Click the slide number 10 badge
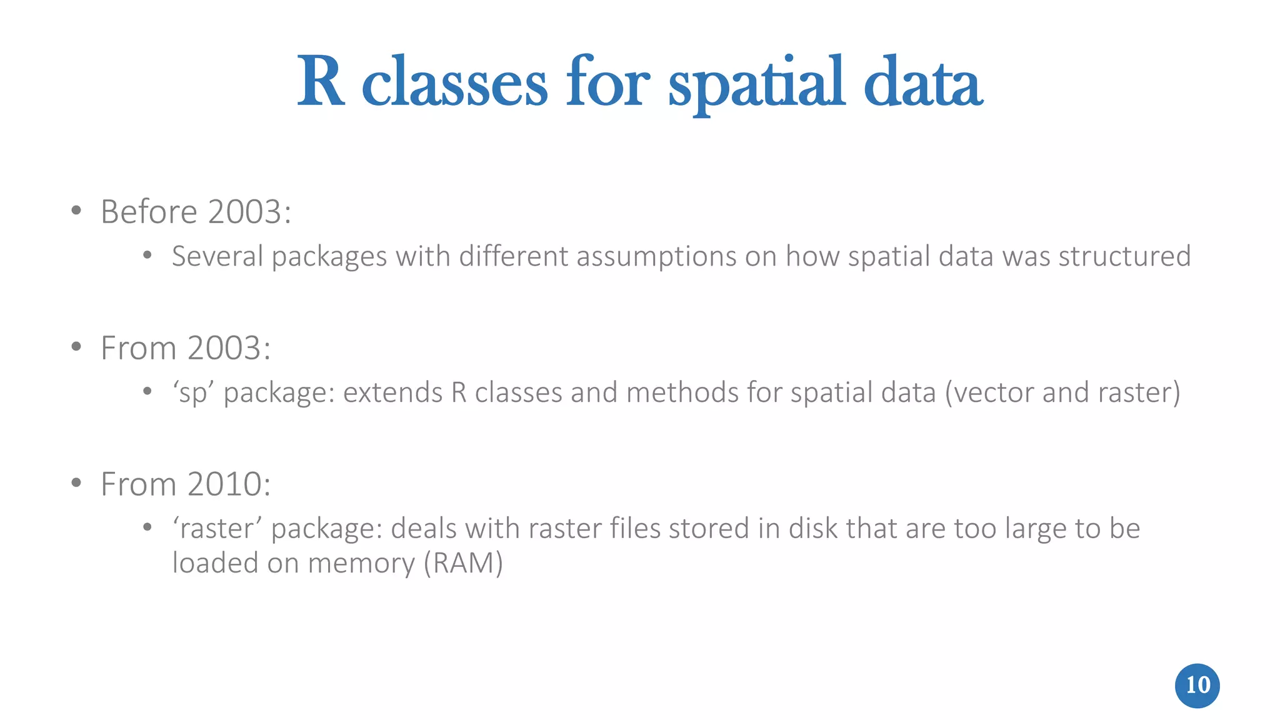[x=1197, y=686]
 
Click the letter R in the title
[x=320, y=82]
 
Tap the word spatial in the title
[x=756, y=84]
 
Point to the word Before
[x=149, y=212]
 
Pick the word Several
[x=217, y=257]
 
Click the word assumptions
[x=656, y=257]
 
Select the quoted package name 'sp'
[x=193, y=393]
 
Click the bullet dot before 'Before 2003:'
[x=76, y=211]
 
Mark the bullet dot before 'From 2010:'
[x=76, y=483]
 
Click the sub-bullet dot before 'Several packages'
[x=147, y=255]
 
